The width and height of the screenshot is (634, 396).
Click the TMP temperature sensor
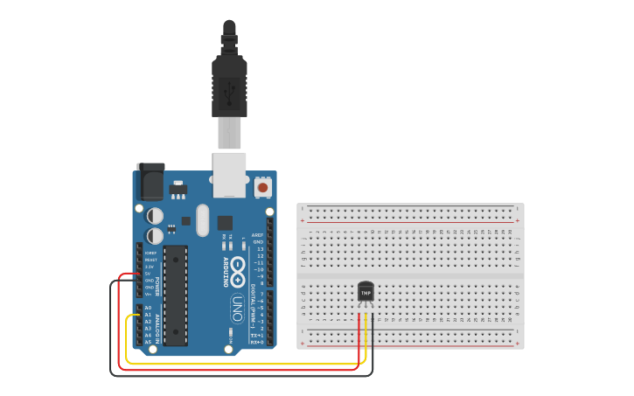[x=366, y=291]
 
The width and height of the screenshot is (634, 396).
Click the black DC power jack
[x=150, y=181]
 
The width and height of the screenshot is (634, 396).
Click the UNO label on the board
[x=237, y=309]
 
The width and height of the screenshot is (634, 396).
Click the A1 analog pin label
[x=148, y=315]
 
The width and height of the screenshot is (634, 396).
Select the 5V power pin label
[x=148, y=274]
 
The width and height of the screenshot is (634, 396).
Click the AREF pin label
[x=257, y=235]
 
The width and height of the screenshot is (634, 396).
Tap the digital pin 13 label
[x=260, y=249]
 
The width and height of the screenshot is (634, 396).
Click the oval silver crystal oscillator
[x=203, y=220]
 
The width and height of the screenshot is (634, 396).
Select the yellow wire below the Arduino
[x=245, y=363]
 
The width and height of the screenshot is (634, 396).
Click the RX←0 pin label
[x=257, y=343]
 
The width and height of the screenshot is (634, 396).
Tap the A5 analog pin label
[x=148, y=342]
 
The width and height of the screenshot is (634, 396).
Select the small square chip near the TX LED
[x=225, y=223]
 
